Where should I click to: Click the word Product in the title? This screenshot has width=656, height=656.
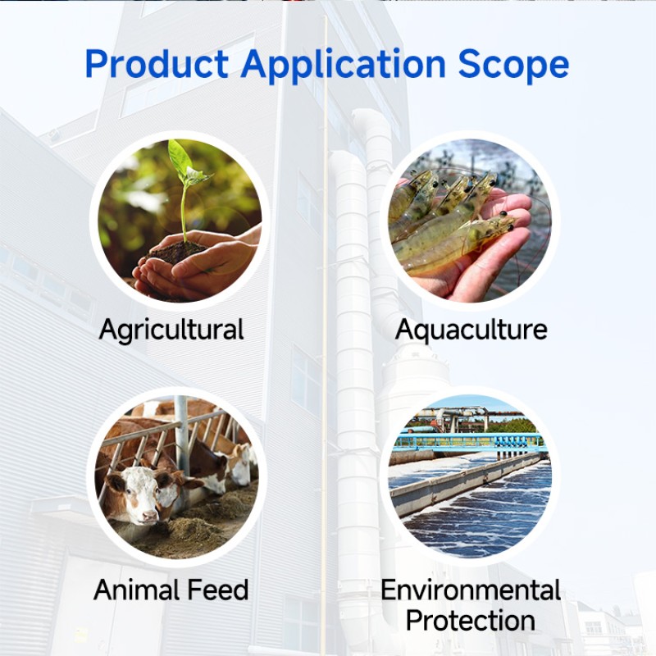(156, 64)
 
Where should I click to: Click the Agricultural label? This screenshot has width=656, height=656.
(171, 330)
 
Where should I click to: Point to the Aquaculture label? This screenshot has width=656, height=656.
(471, 330)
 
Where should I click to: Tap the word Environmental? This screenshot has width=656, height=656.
(471, 590)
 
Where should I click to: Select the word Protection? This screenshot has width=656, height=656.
(471, 620)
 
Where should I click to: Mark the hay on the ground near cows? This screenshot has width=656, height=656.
(197, 525)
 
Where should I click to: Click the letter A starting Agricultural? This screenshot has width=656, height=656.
(108, 330)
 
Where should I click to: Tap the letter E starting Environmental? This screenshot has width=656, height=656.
(389, 590)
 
